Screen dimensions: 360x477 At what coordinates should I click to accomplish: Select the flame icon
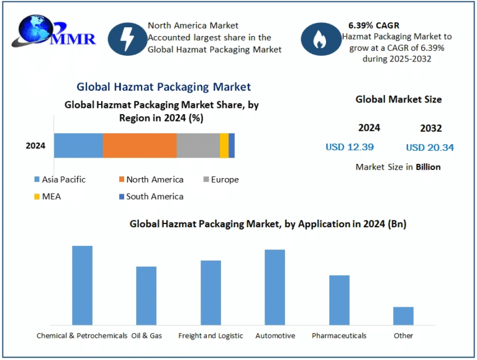pyautogui.click(x=319, y=39)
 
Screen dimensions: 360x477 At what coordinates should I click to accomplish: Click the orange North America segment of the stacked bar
pyautogui.click(x=140, y=145)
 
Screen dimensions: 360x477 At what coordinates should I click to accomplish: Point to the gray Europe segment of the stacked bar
pyautogui.click(x=198, y=145)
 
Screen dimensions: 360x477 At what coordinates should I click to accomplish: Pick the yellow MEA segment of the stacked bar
pyautogui.click(x=224, y=145)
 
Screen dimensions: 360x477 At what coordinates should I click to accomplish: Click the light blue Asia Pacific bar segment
pyautogui.click(x=78, y=145)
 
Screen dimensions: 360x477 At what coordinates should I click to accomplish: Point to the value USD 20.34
pyautogui.click(x=430, y=147)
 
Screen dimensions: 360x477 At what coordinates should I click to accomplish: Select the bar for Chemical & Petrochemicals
pyautogui.click(x=82, y=285)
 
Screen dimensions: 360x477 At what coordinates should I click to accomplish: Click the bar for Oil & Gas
pyautogui.click(x=146, y=295)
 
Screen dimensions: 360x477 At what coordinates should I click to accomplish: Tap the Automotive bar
pyautogui.click(x=275, y=287)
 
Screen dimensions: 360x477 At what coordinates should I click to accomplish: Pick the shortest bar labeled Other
pyautogui.click(x=403, y=315)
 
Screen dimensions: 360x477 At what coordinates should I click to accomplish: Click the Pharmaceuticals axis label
pyautogui.click(x=339, y=335)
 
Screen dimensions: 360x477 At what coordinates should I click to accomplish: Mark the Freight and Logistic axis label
pyautogui.click(x=211, y=335)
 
